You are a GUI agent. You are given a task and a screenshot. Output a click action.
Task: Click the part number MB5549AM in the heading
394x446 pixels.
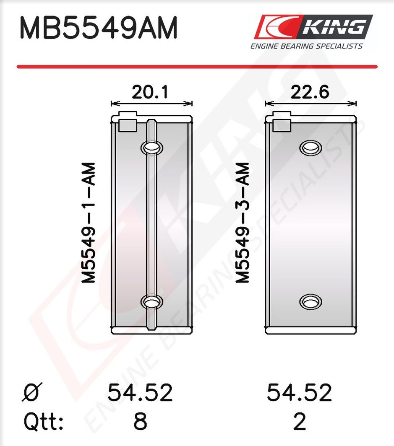coord(99,28)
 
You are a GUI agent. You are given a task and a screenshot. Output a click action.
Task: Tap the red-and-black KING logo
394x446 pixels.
coord(313,27)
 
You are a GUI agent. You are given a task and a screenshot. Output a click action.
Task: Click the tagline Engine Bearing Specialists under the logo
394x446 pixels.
coord(307,46)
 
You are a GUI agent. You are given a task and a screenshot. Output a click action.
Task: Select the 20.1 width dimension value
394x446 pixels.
coord(150,92)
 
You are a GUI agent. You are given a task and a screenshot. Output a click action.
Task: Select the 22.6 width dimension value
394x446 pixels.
coord(310,92)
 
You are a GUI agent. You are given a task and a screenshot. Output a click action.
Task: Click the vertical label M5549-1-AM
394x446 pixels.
coord(88,223)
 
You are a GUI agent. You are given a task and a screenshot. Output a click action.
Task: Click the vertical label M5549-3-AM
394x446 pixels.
coord(243,223)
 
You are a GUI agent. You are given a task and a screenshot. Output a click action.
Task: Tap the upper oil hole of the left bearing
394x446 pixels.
coord(152,148)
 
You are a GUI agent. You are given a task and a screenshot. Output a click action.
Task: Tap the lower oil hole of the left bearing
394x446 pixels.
coord(152,301)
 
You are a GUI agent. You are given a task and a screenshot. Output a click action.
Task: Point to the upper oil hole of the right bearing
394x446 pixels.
coord(311,148)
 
